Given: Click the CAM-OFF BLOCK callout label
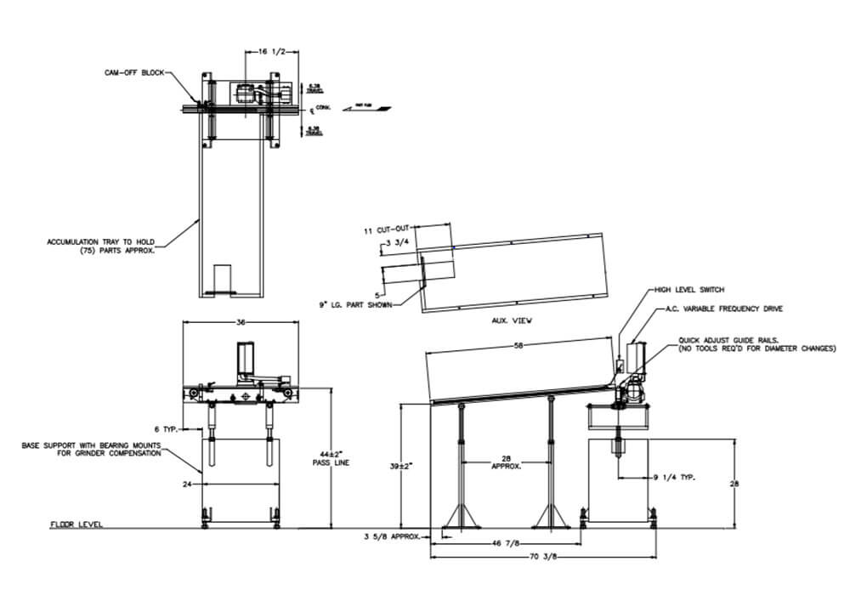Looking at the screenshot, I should [128, 73].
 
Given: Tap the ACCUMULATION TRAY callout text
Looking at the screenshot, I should [100, 246].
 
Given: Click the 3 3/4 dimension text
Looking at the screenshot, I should [399, 244].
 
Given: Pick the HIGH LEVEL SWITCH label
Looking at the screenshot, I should [689, 290].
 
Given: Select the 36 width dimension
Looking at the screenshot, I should [241, 322].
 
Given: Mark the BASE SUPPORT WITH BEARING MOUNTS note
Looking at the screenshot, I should [91, 449].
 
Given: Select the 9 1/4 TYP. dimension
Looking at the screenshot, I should [675, 479].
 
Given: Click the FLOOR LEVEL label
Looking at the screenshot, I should [76, 525].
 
